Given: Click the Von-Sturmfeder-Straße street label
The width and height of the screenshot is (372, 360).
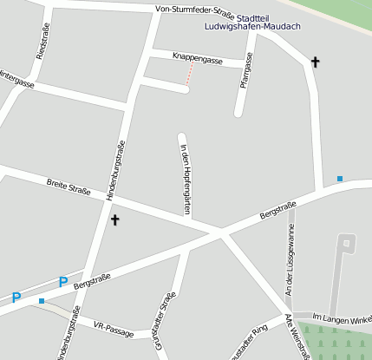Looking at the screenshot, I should coord(194,11).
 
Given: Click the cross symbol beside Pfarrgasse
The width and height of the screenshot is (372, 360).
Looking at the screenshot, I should coord(315,62).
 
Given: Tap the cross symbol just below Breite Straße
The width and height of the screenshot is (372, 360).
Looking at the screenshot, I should coord(114,220).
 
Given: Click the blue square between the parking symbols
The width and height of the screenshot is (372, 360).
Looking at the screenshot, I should coord(41,301).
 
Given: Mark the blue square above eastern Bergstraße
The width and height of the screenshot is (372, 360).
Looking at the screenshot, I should coord(340,179).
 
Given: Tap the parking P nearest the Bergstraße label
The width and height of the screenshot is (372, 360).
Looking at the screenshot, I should coord(62,281).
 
